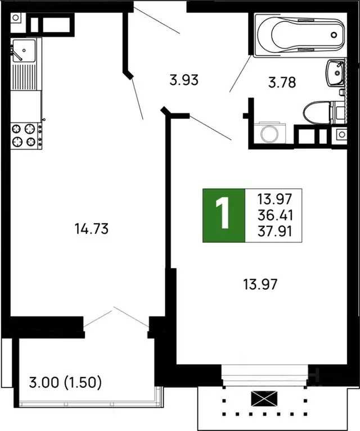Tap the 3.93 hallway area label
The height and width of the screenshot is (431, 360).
tap(184, 80)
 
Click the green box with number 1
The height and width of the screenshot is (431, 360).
tap(224, 215)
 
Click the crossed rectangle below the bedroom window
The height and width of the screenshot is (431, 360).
tap(265, 400)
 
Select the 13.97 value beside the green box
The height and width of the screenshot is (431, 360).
tap(275, 198)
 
